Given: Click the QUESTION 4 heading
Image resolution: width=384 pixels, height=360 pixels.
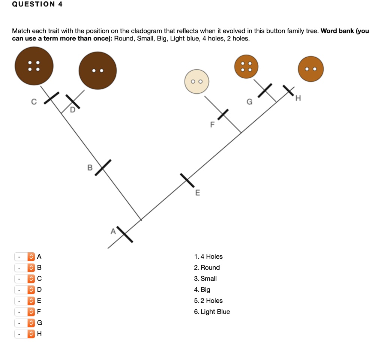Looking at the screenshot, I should click(x=37, y=4).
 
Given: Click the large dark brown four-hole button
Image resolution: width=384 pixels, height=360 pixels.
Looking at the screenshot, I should click(x=34, y=66).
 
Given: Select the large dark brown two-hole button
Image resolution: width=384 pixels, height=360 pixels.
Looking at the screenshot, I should click(x=97, y=70).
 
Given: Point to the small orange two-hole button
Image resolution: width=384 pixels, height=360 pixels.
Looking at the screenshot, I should click(x=310, y=69).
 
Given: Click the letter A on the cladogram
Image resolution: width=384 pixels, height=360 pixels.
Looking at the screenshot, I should click(x=112, y=232).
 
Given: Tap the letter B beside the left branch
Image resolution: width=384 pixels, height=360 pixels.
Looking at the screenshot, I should click(x=90, y=168).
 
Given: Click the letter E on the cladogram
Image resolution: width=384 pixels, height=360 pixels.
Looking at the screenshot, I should click(x=198, y=193).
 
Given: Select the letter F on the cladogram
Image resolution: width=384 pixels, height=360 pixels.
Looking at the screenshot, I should click(x=212, y=124).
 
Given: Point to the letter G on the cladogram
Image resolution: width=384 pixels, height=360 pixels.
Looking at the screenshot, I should click(x=249, y=102).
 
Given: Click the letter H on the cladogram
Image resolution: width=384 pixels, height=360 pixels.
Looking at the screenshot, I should click(x=298, y=99).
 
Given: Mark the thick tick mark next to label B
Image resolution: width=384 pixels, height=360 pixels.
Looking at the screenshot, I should click(x=103, y=167).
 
